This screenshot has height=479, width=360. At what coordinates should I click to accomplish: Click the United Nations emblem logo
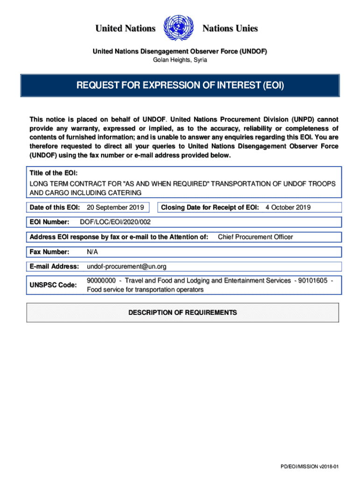179,29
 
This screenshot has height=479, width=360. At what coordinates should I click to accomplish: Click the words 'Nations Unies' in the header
230,29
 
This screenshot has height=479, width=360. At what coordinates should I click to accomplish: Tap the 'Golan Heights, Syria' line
180,60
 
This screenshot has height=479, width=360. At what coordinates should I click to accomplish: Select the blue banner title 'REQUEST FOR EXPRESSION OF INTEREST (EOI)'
180,86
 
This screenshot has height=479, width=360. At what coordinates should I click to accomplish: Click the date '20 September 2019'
115,207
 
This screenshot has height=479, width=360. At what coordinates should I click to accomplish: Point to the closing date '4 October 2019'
288,207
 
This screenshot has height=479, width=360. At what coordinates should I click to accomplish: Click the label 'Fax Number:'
50,252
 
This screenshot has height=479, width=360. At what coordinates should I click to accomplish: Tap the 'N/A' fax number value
93,252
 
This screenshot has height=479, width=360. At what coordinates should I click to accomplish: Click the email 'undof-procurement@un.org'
126,267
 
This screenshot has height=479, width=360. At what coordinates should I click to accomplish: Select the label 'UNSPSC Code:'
53,285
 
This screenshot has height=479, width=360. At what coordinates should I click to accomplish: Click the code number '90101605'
313,281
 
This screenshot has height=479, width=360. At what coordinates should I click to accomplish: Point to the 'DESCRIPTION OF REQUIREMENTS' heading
183,312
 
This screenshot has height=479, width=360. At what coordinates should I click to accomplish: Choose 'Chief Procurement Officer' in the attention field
255,237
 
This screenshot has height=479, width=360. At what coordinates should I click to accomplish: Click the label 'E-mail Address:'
54,267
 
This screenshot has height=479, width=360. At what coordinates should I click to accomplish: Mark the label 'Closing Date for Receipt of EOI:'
210,207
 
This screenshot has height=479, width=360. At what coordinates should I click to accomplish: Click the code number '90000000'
101,281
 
